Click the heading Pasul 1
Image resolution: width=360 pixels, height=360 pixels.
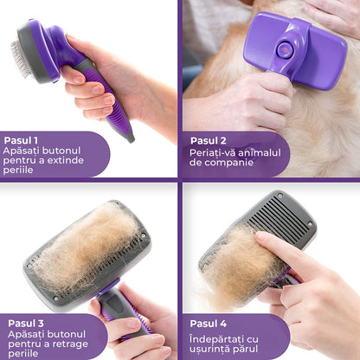21,140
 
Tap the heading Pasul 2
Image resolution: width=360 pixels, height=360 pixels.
209,141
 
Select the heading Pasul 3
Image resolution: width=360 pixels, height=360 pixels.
26,324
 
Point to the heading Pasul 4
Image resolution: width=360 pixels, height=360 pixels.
209,324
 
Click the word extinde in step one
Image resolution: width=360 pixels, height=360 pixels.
66,160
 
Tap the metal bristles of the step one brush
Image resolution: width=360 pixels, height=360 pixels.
20,58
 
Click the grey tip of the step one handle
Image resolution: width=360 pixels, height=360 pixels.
130,137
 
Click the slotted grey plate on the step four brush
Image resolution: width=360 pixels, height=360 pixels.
280,218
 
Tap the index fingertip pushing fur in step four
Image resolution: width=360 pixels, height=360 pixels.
261,237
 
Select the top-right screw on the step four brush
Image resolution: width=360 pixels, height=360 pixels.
310,223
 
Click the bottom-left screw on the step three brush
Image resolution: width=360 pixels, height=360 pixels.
55,299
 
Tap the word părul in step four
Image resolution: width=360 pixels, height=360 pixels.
245,349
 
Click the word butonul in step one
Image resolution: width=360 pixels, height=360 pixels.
61,151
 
